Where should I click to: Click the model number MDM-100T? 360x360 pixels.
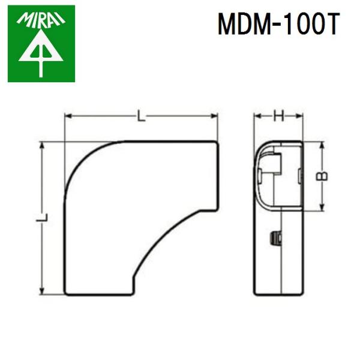click(278, 25)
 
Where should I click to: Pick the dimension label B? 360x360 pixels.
click(322, 176)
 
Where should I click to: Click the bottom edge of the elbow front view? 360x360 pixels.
click(99, 295)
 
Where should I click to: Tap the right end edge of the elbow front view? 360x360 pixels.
click(216, 174)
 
